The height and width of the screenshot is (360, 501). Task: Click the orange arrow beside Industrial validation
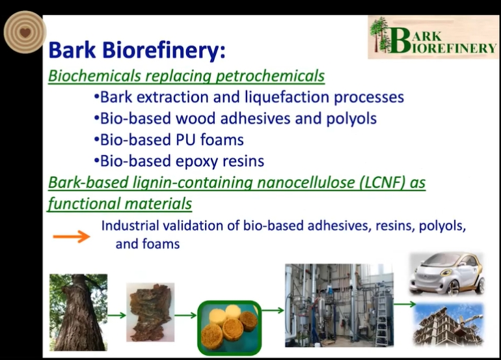[72, 236]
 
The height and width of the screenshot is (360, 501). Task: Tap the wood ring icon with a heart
[25, 32]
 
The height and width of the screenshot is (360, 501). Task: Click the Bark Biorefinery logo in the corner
[433, 37]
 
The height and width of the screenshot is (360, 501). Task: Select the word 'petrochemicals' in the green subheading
[270, 76]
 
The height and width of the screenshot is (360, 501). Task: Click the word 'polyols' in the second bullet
[351, 118]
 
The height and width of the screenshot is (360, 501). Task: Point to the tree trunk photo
[78, 312]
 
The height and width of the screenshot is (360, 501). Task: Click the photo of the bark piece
[150, 312]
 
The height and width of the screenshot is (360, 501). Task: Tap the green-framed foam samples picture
[230, 327]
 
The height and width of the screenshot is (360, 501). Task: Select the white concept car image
[448, 274]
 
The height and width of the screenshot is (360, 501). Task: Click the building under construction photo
[448, 325]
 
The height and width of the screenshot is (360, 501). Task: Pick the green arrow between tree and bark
[116, 316]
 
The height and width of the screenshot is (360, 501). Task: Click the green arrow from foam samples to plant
[273, 310]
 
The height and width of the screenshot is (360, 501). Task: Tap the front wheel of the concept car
[452, 287]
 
